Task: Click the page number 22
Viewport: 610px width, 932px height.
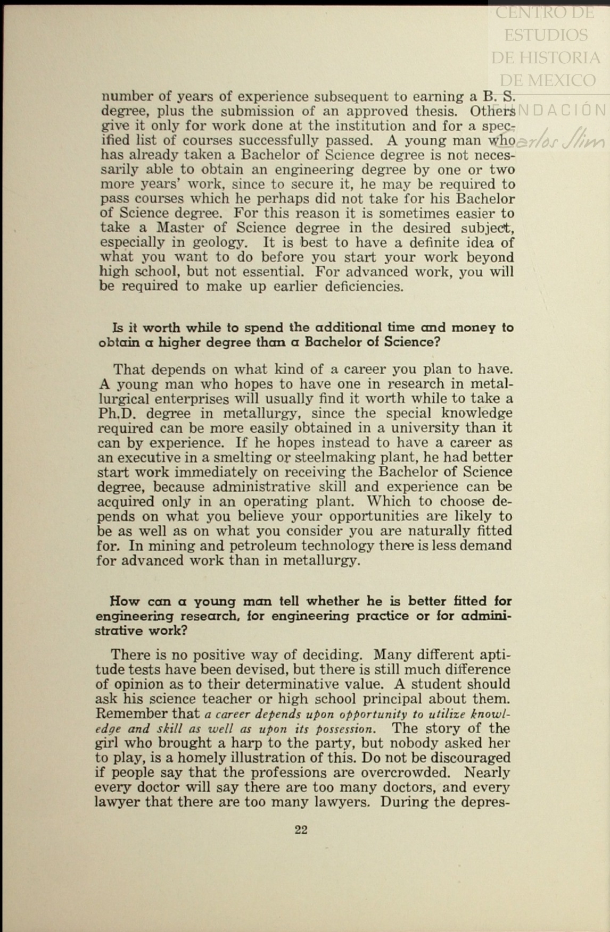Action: [301, 830]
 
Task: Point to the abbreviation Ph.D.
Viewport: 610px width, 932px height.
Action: [117, 414]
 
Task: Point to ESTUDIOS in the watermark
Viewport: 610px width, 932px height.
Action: [546, 35]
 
